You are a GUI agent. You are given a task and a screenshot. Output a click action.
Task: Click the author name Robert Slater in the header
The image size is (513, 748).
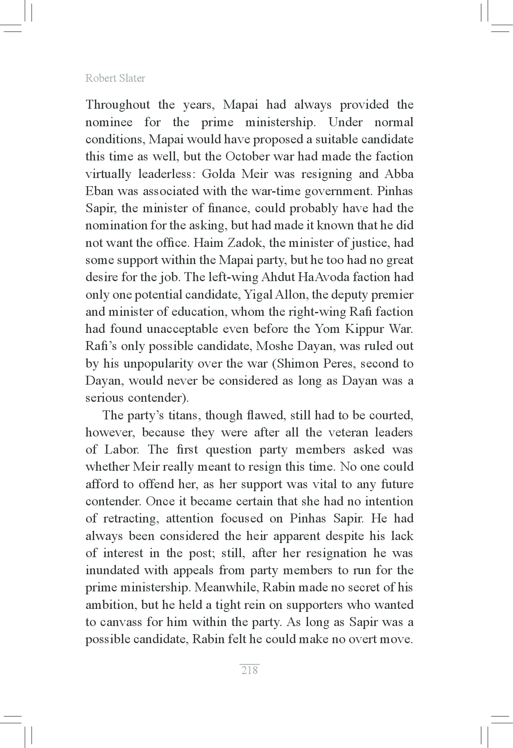tap(115, 78)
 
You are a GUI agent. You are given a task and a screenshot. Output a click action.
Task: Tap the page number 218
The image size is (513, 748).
tap(249, 670)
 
